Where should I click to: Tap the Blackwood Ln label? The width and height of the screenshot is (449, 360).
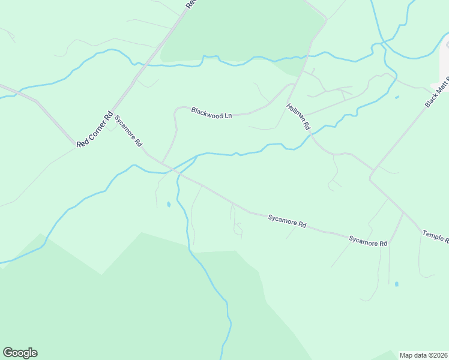211,112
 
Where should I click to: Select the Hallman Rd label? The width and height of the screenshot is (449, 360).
298,116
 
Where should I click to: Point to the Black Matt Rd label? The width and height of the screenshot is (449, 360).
437,92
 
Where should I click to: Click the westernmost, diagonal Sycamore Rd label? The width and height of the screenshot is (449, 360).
128,132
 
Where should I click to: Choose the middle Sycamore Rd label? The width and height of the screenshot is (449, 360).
287,220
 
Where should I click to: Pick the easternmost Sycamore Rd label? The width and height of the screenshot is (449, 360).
368,241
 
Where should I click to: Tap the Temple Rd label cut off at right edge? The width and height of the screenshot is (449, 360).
436,235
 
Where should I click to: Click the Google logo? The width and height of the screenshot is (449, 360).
20,353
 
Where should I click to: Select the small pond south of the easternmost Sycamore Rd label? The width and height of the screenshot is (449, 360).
396,284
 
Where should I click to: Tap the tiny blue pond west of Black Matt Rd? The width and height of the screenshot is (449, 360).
397,97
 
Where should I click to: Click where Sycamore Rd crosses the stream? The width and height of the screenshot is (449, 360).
176,172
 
